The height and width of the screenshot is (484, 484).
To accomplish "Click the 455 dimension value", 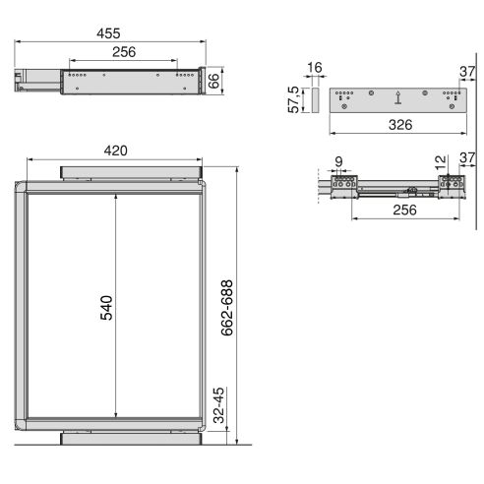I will pyautogui.click(x=123, y=32).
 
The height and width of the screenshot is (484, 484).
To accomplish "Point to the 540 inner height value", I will pyautogui.click(x=107, y=307).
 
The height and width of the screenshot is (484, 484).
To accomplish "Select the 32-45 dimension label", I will pyautogui.click(x=220, y=403).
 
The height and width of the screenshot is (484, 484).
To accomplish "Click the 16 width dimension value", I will pyautogui.click(x=315, y=68).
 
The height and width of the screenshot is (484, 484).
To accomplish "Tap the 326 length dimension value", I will pyautogui.click(x=398, y=125).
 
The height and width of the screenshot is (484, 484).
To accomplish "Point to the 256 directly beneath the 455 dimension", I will pyautogui.click(x=123, y=53).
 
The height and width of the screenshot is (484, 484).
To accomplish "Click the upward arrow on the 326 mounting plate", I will pyautogui.click(x=397, y=96).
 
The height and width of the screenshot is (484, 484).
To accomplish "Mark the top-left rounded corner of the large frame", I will pyautogui.click(x=25, y=189).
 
